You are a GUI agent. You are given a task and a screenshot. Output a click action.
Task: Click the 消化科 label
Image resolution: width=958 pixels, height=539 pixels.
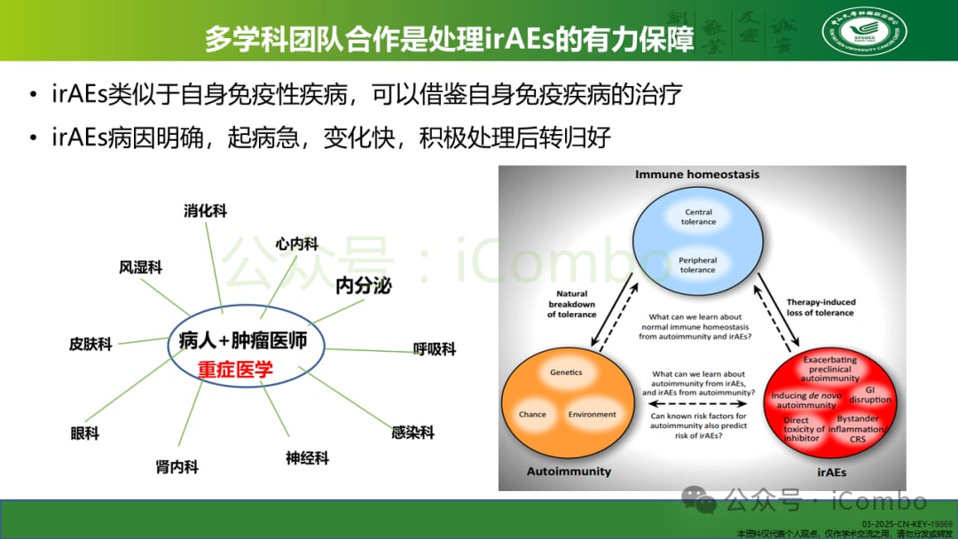click(205, 211)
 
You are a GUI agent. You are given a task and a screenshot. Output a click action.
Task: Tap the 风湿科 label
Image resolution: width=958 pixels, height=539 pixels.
click(140, 267)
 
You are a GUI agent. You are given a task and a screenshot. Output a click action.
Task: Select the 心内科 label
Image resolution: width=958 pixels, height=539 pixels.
click(296, 244)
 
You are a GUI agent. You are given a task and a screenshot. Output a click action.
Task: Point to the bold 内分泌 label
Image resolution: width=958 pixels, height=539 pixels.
click(364, 285)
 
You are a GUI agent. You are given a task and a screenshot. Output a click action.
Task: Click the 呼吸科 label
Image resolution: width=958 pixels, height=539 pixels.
click(435, 349)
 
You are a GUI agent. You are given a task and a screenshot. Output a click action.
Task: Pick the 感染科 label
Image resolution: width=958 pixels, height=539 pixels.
click(412, 433)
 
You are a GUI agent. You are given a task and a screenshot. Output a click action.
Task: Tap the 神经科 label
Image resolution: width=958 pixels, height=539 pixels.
click(307, 458)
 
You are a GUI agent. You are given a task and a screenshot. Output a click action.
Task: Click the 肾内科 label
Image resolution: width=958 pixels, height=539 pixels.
click(177, 467)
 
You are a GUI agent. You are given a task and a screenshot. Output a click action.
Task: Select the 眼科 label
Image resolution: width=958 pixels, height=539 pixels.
click(85, 434)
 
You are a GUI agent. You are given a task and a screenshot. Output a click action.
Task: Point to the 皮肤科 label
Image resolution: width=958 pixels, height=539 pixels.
click(90, 344)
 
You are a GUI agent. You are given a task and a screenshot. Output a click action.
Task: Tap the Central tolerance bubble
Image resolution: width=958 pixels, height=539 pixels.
click(698, 217)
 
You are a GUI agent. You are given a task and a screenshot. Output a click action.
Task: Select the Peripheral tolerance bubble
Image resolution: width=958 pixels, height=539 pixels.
click(698, 265)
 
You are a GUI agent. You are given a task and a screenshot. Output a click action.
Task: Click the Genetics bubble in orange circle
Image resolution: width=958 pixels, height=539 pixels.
click(566, 372)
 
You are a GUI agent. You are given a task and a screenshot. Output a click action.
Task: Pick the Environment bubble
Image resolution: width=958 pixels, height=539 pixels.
click(592, 415)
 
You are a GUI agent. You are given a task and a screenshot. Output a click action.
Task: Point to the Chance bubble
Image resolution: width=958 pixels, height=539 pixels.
click(532, 415)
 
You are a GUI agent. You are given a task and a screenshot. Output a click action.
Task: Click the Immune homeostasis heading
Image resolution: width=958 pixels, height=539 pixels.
click(697, 175)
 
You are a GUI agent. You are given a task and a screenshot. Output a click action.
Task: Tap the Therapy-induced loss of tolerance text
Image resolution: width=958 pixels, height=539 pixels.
click(820, 308)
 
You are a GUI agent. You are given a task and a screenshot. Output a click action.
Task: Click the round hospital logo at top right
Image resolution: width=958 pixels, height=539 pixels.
click(864, 31)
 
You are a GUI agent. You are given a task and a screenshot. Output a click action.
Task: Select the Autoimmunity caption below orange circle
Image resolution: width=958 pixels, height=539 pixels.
click(569, 472)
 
